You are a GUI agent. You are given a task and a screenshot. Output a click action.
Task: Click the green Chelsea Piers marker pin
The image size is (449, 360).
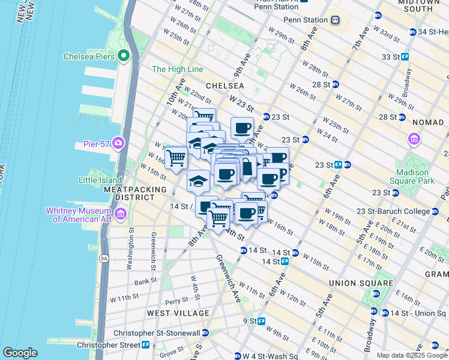point(124,56)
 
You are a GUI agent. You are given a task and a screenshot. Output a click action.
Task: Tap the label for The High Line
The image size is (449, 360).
point(177,70)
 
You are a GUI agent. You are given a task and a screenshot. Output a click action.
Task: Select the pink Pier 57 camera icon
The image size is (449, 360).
point(118,144)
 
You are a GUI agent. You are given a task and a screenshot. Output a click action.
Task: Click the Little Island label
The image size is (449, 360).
point(99,179)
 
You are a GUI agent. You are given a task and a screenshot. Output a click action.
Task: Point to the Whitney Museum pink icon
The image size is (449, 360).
point(120,214)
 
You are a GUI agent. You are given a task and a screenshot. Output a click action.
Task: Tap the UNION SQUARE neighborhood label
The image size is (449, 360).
point(361,283)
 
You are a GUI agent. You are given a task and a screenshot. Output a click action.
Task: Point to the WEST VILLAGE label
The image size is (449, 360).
point(179,313)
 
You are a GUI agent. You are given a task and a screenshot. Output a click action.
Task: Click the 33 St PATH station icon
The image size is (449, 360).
point(405,57)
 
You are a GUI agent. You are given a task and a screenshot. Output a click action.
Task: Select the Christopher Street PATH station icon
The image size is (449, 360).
point(145,345)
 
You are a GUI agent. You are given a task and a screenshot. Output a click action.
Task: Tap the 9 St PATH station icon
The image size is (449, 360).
point(262,321)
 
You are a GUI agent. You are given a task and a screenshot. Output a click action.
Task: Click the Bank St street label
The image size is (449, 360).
point(145,281)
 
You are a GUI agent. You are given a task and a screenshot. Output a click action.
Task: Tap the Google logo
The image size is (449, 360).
point(20,353)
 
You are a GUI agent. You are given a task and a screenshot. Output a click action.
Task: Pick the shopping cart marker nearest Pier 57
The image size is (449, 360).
point(176,158)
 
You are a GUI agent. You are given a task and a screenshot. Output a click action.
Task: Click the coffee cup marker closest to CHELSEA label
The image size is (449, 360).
point(242,127)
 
